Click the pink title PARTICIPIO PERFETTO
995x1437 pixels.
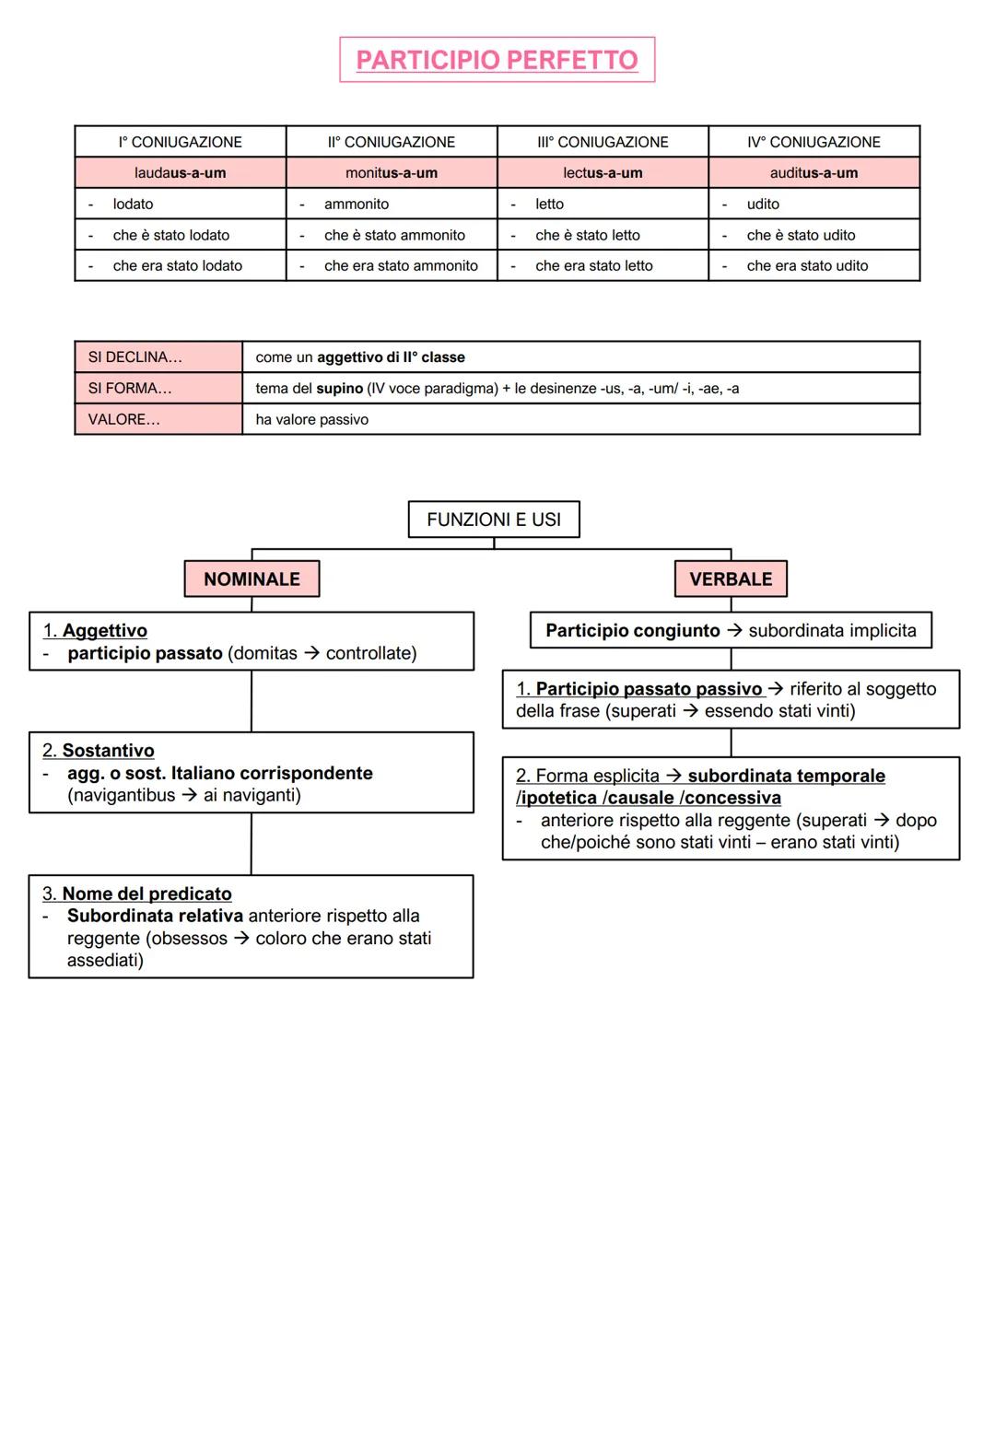pos(497,60)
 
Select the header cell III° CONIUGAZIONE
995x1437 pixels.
pos(603,142)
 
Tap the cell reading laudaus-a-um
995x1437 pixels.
pos(181,173)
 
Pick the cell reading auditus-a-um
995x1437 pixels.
pos(814,173)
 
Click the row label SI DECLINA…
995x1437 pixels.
pos(135,357)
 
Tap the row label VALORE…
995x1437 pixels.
pos(124,419)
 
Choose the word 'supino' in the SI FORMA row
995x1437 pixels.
pos(339,389)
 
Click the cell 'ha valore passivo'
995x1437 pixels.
pos(311,419)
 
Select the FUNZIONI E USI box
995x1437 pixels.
pos(494,520)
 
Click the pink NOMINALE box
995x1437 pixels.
pos(252,579)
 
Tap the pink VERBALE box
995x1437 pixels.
pos(731,579)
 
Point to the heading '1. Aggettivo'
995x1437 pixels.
pos(95,631)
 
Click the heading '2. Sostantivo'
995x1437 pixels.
pos(99,751)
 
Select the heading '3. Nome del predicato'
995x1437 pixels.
pos(137,894)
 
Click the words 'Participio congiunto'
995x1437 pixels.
pos(632,631)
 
